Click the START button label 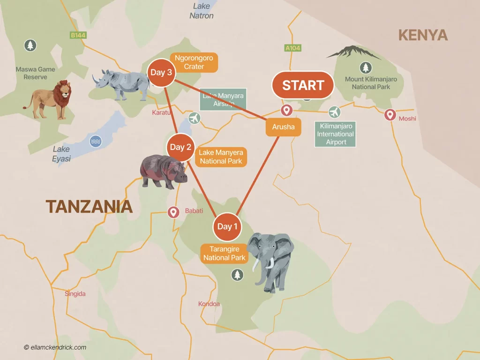point(303,85)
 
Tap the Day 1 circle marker point(227,226)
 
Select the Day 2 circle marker point(180,147)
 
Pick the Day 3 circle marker point(161,73)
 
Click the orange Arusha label point(283,127)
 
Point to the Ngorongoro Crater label point(194,62)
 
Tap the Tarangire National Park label point(225,254)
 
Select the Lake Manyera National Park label point(220,157)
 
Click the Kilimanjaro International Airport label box point(336,134)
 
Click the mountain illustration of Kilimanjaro point(353,52)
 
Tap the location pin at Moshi point(390,114)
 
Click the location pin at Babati point(173,212)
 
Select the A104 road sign point(292,48)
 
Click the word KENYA point(422,35)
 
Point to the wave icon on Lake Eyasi point(96,141)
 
